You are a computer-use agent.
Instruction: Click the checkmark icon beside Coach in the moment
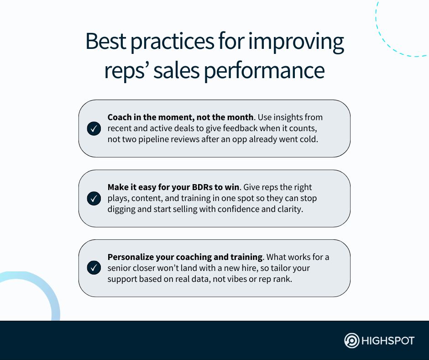[94, 129]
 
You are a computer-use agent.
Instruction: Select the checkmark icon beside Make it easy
[94, 199]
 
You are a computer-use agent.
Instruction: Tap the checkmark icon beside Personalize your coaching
[94, 268]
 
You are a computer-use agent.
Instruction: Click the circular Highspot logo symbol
[352, 341]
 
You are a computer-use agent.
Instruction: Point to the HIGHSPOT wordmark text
[388, 341]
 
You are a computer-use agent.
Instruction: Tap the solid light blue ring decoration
[50, 292]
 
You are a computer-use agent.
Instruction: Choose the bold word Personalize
[130, 257]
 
